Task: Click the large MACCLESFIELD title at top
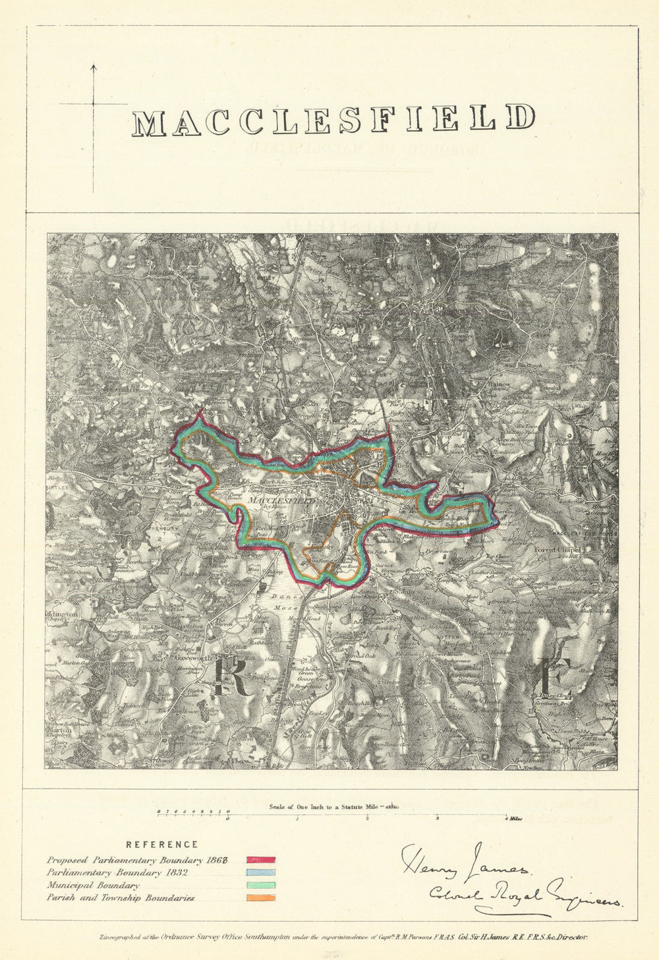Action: [333, 120]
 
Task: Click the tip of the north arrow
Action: [93, 65]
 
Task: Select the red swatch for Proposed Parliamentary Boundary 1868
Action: [261, 860]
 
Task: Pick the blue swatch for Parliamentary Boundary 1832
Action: [261, 872]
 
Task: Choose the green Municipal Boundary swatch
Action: [261, 885]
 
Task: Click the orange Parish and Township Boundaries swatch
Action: [261, 897]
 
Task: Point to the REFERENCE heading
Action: [161, 844]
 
